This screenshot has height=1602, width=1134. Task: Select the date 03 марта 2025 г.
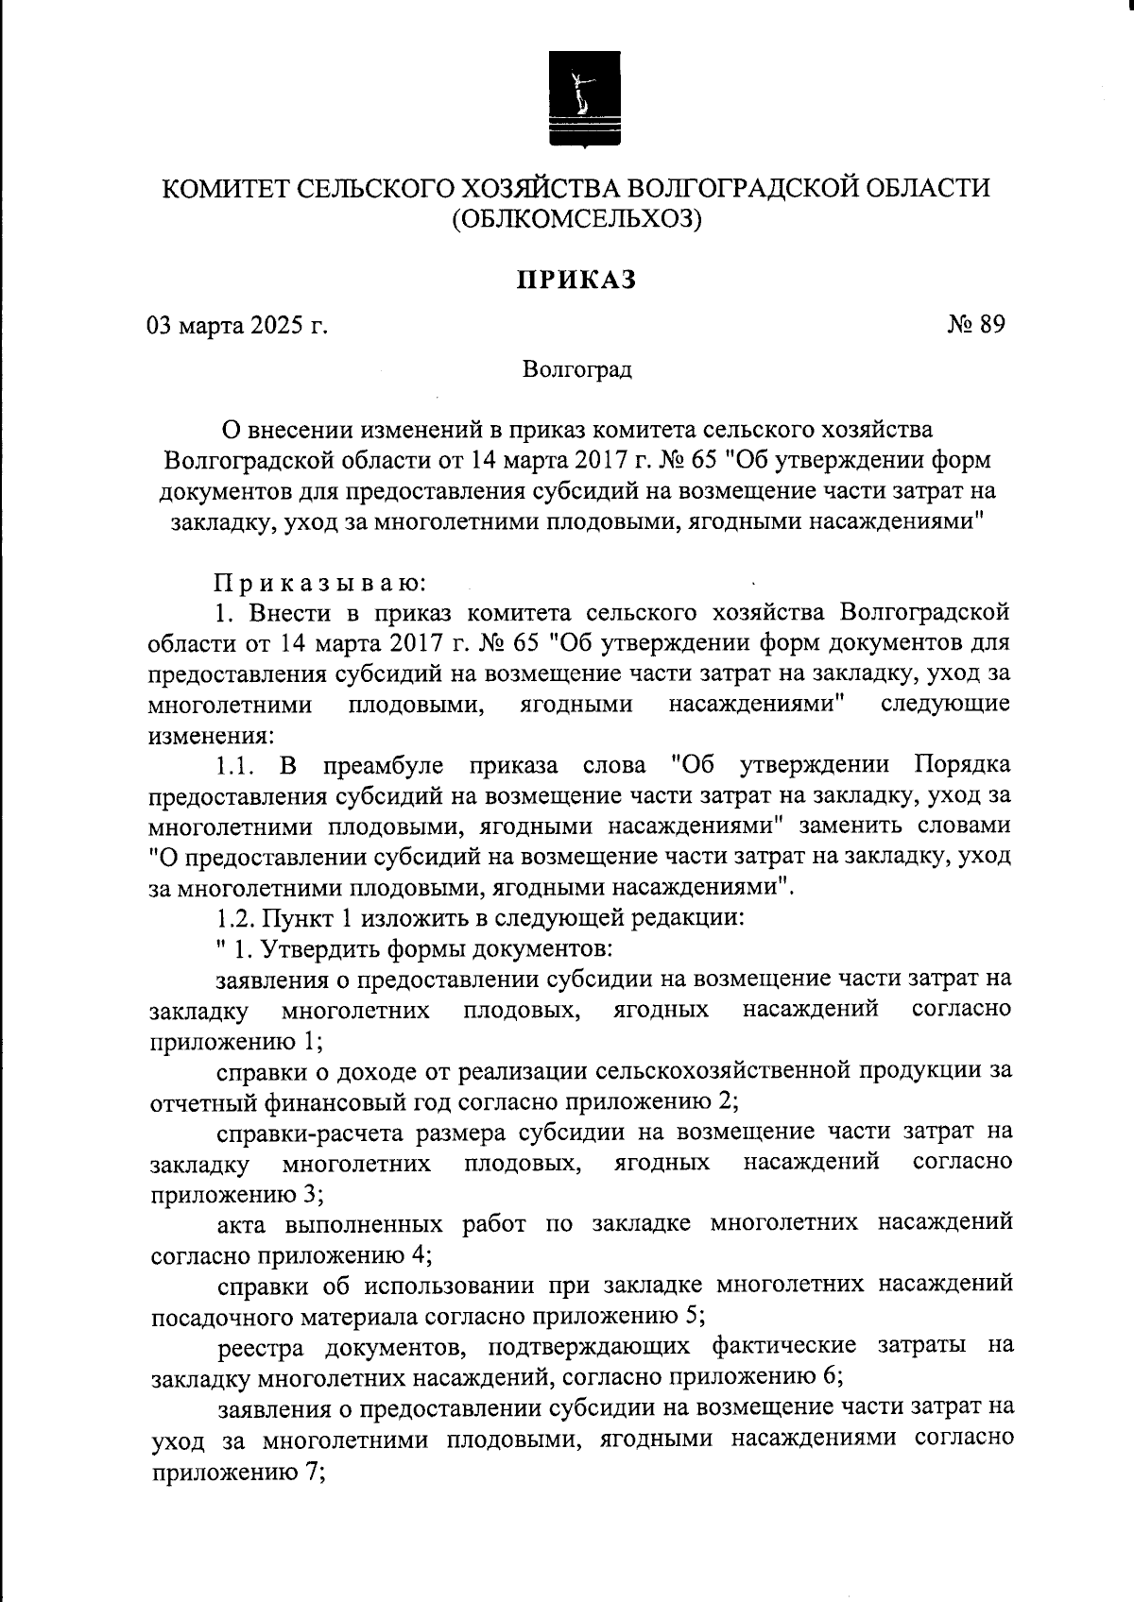(x=237, y=326)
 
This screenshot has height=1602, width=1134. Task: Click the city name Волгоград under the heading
(x=577, y=369)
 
